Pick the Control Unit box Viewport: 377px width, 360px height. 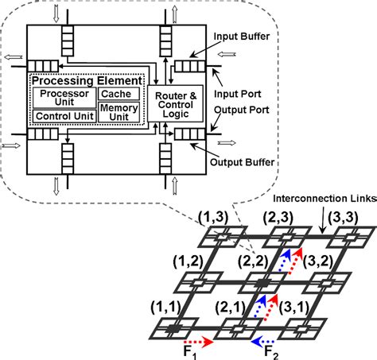pyautogui.click(x=63, y=115)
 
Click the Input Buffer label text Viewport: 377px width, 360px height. pyautogui.click(x=244, y=37)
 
